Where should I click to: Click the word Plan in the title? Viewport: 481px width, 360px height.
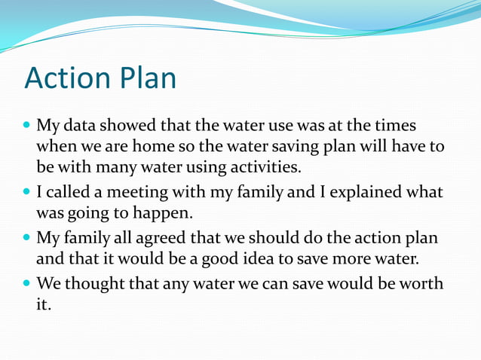point(149,78)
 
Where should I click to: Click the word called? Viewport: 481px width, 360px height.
point(69,193)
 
